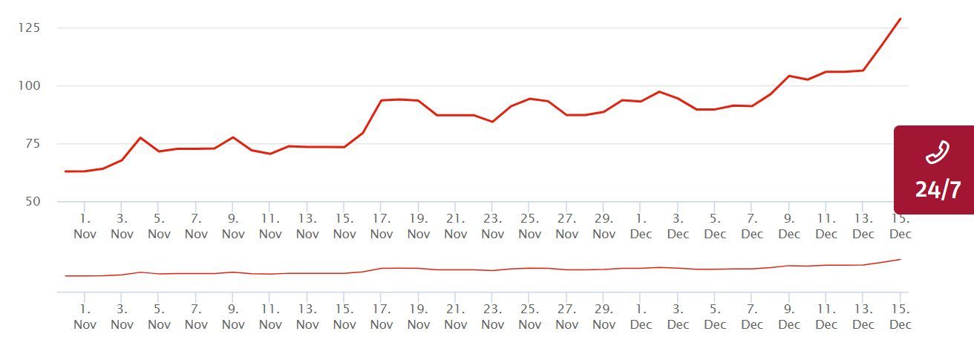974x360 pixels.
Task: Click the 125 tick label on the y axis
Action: [30, 28]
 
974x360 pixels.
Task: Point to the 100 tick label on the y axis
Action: [30, 86]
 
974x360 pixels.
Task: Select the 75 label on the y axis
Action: [33, 144]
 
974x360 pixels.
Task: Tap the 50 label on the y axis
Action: [33, 202]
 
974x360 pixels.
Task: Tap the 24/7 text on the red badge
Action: [938, 190]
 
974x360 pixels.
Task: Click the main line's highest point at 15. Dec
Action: [901, 19]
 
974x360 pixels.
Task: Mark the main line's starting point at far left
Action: [65, 171]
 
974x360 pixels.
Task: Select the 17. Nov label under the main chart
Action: [382, 226]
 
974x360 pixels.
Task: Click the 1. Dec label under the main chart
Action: [641, 226]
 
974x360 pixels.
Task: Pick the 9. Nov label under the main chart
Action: [233, 226]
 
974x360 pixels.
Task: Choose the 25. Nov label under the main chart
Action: [529, 226]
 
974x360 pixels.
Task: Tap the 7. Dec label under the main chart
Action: [752, 226]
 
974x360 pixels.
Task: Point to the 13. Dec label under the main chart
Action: [863, 226]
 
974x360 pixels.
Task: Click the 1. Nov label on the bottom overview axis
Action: [85, 317]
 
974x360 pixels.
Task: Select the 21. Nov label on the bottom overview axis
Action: [456, 317]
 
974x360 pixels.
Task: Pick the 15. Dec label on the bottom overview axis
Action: [900, 317]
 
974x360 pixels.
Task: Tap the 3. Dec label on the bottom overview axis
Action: [678, 317]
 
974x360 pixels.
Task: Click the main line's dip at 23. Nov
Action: [492, 122]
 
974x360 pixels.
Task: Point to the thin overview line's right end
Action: [901, 259]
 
